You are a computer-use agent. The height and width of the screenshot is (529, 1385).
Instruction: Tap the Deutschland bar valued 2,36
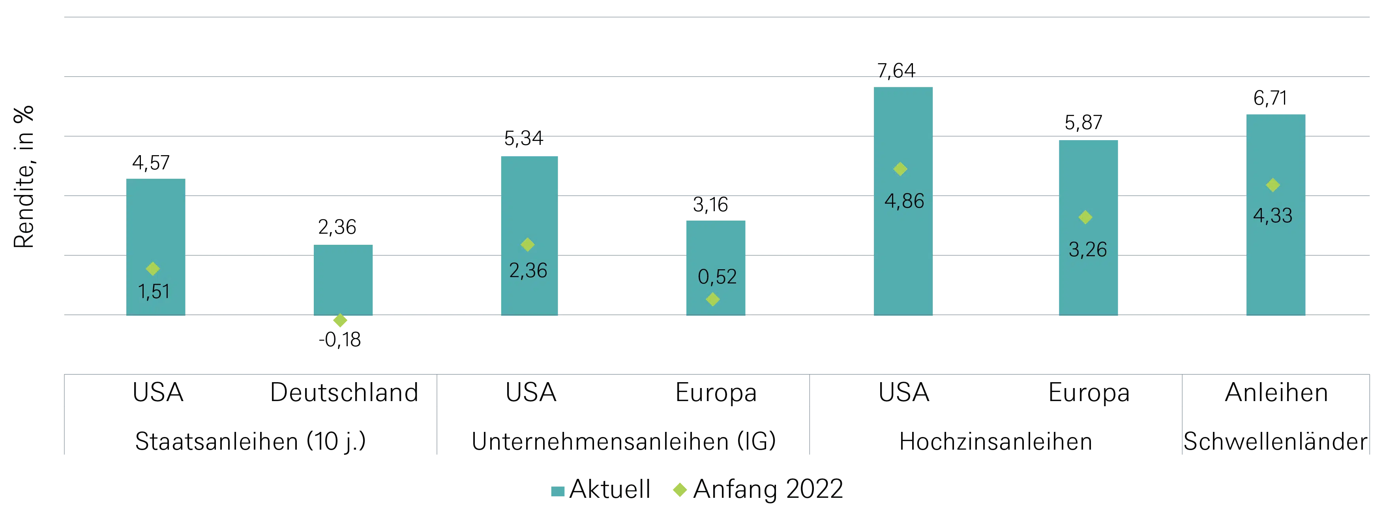point(343,280)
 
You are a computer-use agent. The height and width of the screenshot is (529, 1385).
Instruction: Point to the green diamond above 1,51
point(153,268)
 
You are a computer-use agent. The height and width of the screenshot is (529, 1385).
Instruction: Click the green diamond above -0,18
point(340,321)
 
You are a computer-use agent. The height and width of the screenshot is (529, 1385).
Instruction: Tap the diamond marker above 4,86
point(900,169)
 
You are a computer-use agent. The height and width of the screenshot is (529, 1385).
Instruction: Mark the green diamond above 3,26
point(1085,217)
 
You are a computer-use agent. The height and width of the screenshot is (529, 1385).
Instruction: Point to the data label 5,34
point(523,139)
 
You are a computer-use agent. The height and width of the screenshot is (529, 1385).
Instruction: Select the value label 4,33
point(1272,216)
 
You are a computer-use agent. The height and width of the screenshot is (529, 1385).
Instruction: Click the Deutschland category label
point(344,392)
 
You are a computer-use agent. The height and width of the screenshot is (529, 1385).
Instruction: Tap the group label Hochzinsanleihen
point(995,441)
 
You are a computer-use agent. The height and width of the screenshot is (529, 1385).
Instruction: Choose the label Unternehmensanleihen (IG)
point(624,441)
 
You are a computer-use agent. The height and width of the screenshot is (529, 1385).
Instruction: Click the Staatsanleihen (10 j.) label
point(251,441)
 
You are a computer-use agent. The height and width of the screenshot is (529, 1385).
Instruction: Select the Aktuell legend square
point(558,491)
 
